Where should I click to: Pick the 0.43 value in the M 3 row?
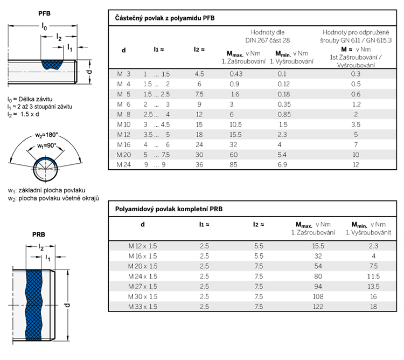[x=235, y=73]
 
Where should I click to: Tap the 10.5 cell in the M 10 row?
[x=235, y=124]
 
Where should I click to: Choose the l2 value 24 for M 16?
[x=199, y=145]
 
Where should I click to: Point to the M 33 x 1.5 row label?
[x=143, y=307]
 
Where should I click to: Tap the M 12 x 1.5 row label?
[x=143, y=245]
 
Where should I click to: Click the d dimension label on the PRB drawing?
[x=67, y=305]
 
